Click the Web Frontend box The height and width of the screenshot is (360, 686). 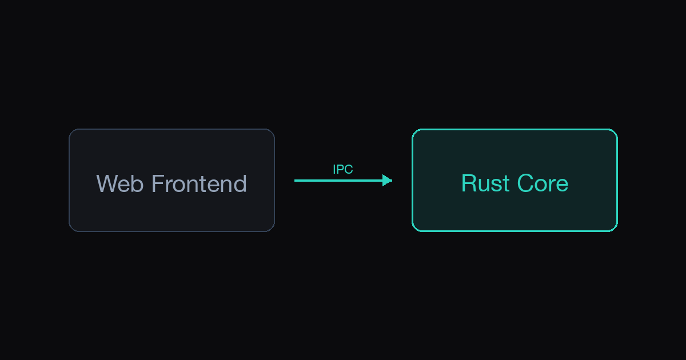click(172, 181)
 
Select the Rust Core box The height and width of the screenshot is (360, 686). click(515, 181)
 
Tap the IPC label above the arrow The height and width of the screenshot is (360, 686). click(343, 169)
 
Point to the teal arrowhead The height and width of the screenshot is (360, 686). click(388, 181)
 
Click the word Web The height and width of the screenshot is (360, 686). click(119, 183)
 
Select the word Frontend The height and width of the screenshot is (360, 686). click(199, 183)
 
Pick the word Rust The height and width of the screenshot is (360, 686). click(486, 183)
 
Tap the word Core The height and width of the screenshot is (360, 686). click(543, 183)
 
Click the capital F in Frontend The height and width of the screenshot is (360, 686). click(158, 183)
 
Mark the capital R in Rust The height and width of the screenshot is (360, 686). click(469, 183)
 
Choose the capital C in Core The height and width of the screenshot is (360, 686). click(525, 183)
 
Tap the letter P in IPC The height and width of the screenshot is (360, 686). click(340, 169)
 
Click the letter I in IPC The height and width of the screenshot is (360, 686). click(334, 169)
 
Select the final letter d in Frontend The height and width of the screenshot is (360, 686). click(241, 183)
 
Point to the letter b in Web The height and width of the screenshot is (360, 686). click(138, 183)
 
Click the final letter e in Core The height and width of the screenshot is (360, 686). click(562, 186)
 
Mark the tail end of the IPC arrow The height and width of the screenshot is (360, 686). click(294, 181)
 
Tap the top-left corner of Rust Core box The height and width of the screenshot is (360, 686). click(413, 130)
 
